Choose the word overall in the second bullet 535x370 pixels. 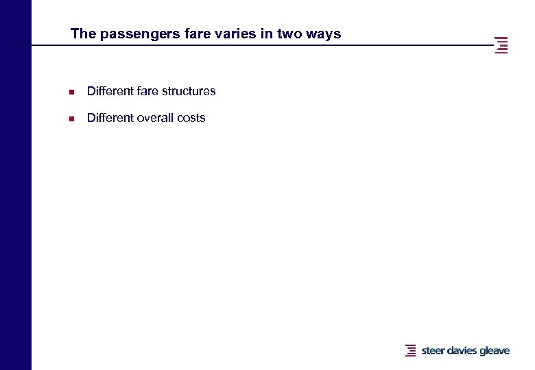[156, 118]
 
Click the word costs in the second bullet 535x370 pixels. [191, 118]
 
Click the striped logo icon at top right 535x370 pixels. [501, 45]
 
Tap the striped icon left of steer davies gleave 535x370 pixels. [411, 350]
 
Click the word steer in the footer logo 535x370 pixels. [433, 351]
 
